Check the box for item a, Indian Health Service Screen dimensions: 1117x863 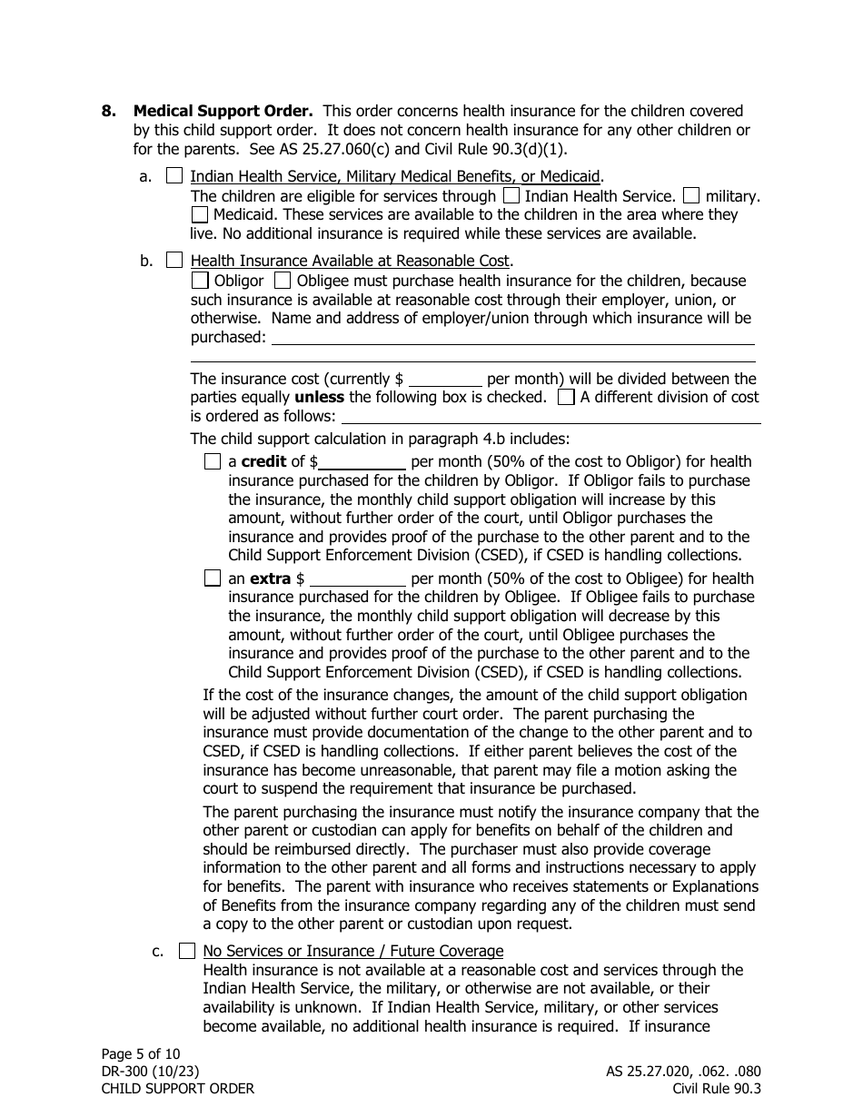(174, 177)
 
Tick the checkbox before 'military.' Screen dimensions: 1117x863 (691, 195)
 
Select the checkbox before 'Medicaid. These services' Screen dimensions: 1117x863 (200, 215)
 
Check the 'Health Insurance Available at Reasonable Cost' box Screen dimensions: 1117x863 (174, 262)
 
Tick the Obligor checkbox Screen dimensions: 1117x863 (200, 281)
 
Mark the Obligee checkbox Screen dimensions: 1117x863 (282, 281)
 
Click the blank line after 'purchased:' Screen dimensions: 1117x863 (513, 339)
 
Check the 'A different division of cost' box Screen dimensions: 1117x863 (566, 397)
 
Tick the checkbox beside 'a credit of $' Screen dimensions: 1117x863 (213, 461)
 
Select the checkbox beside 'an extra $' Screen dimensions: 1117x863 (213, 578)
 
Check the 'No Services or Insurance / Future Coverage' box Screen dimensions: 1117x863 (186, 951)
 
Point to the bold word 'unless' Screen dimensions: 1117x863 (319, 397)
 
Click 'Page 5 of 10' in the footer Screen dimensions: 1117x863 (141, 1053)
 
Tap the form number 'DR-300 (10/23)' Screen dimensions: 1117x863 (150, 1071)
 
